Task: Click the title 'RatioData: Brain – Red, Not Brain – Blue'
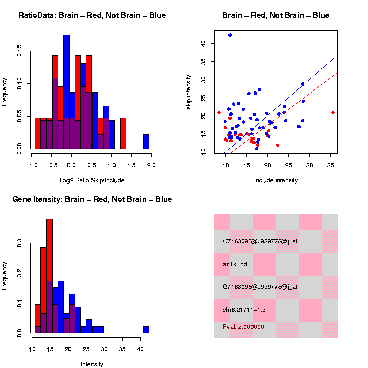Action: pos(92,15)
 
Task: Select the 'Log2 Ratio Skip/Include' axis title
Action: pos(92,180)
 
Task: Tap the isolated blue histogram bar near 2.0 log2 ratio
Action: pos(146,142)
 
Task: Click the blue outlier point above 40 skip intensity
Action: pos(230,35)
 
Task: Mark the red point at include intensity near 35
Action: pos(333,112)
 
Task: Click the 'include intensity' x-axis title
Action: pos(276,180)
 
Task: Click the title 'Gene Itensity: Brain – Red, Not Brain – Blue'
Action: pos(92,199)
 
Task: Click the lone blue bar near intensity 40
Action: pos(146,330)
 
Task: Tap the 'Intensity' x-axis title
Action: pos(92,364)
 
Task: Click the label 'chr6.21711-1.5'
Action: pos(244,310)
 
